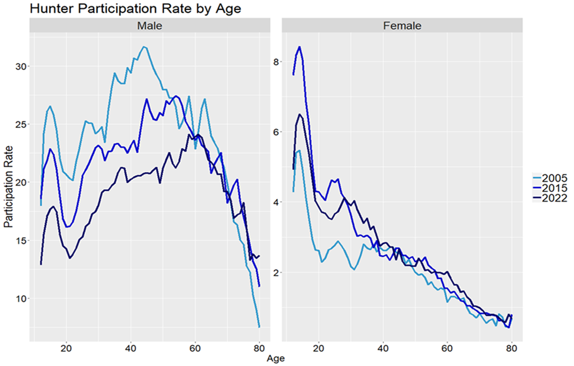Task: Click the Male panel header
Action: click(x=150, y=26)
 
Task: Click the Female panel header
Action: click(x=402, y=26)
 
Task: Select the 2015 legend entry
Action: click(x=555, y=188)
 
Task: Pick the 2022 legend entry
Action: click(x=555, y=198)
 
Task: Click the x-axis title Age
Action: click(x=276, y=358)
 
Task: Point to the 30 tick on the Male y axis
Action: click(x=20, y=66)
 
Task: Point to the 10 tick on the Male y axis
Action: click(x=20, y=299)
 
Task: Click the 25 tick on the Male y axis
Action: click(x=20, y=124)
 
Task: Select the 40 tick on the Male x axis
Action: click(x=130, y=347)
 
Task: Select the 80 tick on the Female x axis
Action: click(x=512, y=347)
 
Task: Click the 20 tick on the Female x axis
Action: click(x=319, y=347)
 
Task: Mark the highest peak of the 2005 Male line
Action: click(x=144, y=47)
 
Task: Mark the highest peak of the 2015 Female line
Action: click(x=300, y=47)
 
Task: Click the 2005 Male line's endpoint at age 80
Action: click(x=260, y=327)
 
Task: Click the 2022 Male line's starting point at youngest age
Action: click(x=41, y=264)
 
